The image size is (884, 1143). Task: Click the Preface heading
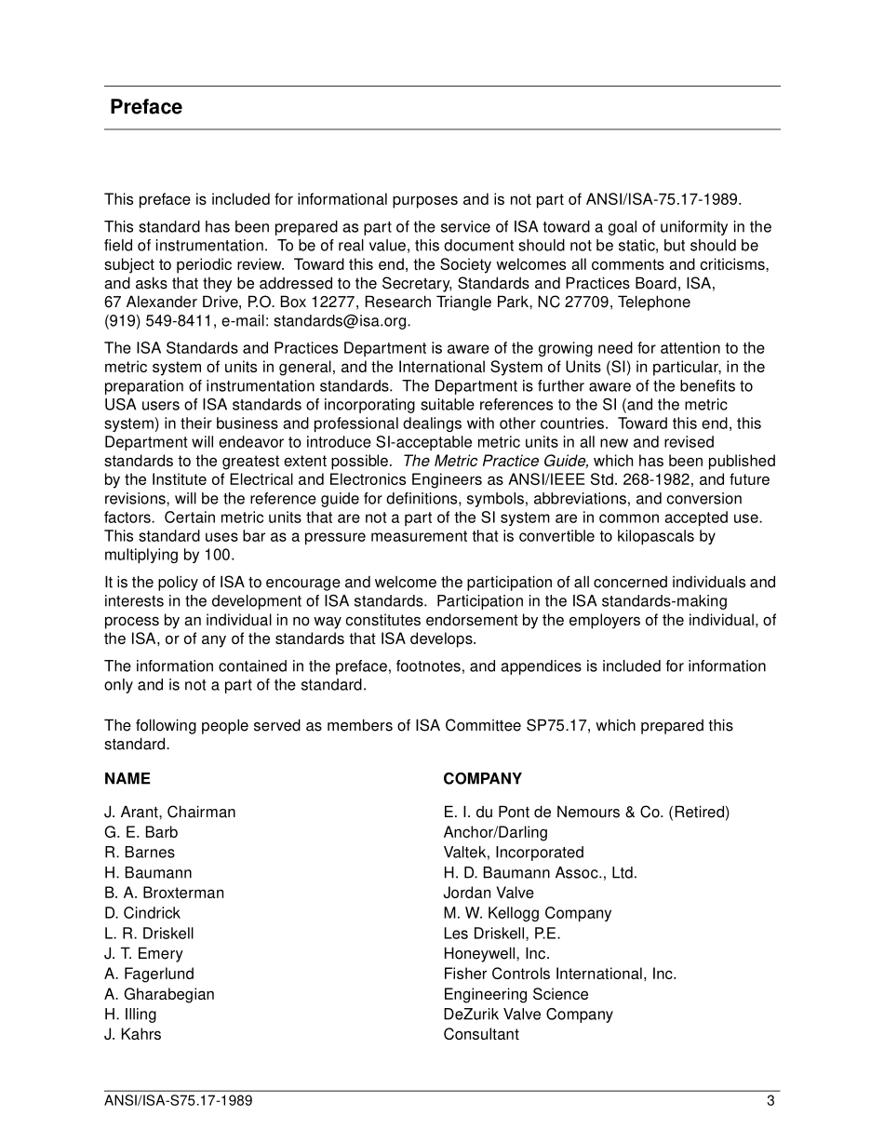pyautogui.click(x=146, y=107)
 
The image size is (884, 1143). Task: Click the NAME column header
pyautogui.click(x=127, y=778)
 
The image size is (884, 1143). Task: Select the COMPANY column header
pyautogui.click(x=482, y=778)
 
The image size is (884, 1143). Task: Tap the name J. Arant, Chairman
pyautogui.click(x=169, y=812)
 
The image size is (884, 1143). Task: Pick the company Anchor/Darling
pyautogui.click(x=495, y=832)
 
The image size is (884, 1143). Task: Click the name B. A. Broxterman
pyautogui.click(x=164, y=893)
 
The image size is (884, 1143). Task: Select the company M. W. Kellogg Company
pyautogui.click(x=527, y=913)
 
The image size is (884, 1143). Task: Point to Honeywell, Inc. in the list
pyautogui.click(x=496, y=953)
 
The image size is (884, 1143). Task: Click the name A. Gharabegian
pyautogui.click(x=159, y=994)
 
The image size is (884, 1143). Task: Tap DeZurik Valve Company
pyautogui.click(x=528, y=1015)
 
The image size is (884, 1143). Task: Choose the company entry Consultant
pyautogui.click(x=481, y=1034)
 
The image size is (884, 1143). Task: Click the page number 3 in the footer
pyautogui.click(x=770, y=1101)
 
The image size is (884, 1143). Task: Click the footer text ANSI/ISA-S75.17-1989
pyautogui.click(x=178, y=1101)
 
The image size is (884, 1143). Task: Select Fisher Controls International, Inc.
pyautogui.click(x=559, y=974)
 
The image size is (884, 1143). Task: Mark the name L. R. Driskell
pyautogui.click(x=149, y=933)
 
